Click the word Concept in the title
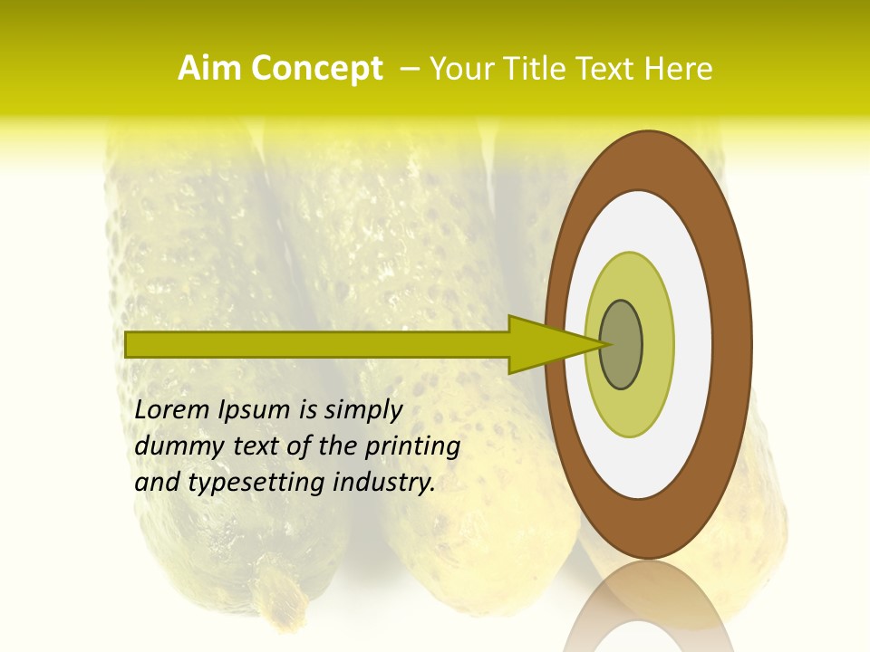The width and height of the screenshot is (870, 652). tap(317, 69)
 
